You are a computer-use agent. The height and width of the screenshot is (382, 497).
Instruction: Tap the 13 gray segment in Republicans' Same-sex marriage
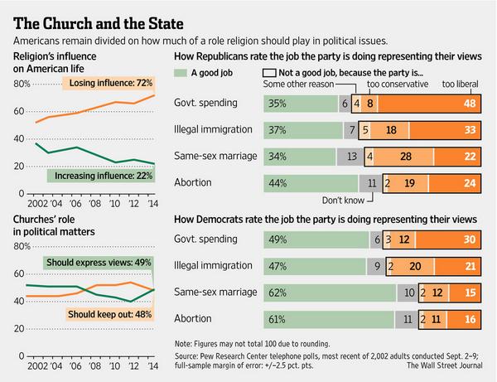351,157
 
